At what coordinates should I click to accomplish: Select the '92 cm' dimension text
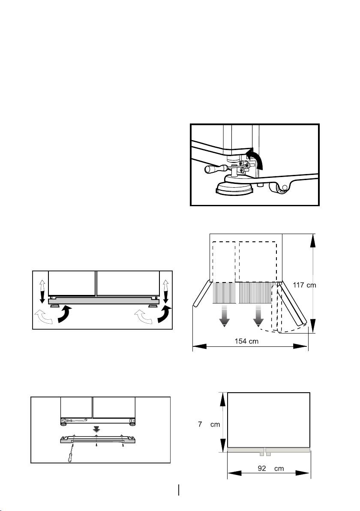(x=271, y=469)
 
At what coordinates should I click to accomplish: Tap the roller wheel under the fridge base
(x=280, y=188)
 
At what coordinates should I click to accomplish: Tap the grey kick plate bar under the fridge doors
(x=103, y=301)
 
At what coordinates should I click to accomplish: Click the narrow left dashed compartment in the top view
(x=223, y=261)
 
